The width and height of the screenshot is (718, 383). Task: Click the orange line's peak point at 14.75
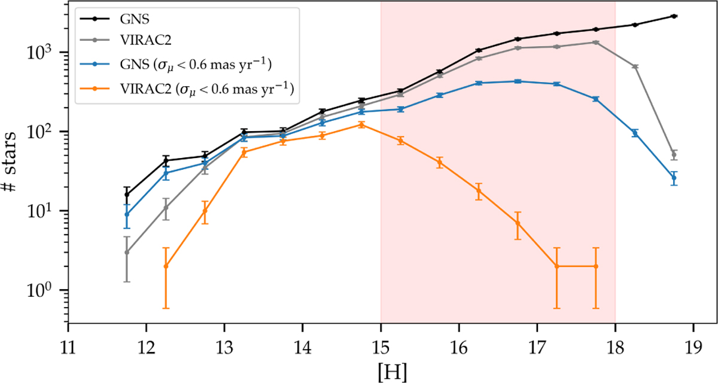coord(361,124)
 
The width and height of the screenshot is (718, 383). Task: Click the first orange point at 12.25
coord(166,266)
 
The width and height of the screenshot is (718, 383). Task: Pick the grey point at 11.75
coord(127,253)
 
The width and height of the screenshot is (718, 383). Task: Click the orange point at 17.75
coord(595,266)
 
